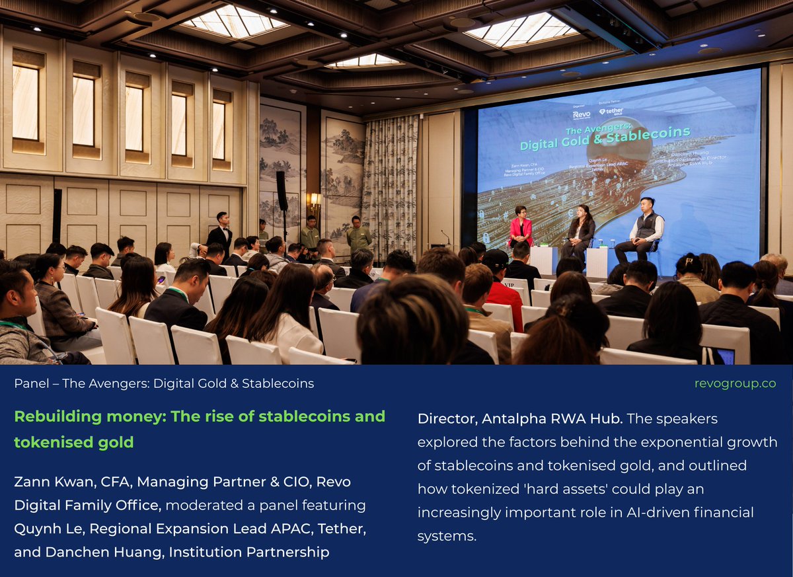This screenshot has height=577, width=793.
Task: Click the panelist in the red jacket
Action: coord(521,228)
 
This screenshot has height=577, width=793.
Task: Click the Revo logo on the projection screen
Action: coord(581,114)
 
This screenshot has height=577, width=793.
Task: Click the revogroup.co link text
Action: coord(735,383)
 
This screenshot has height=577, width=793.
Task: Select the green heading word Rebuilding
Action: coord(58,416)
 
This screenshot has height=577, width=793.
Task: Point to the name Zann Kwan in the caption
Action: coord(46,482)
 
